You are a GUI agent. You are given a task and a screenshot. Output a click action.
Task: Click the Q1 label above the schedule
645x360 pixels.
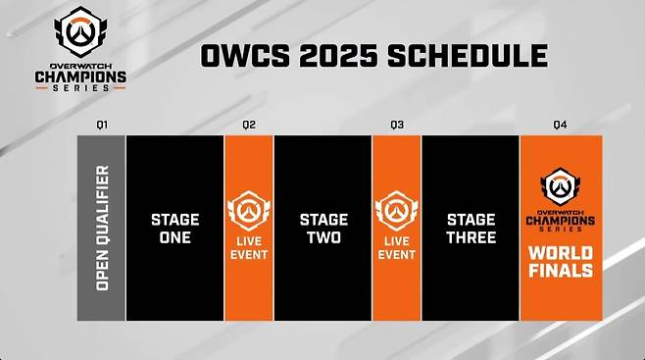pyautogui.click(x=102, y=125)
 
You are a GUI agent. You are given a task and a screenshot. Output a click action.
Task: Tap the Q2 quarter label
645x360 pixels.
pyautogui.click(x=249, y=125)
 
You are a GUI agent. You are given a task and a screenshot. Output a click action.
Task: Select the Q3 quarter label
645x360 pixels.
pyautogui.click(x=396, y=125)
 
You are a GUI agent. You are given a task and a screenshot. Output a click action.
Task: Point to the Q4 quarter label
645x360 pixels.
pyautogui.click(x=560, y=125)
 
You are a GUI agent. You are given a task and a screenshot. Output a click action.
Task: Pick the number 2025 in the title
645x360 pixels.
pyautogui.click(x=331, y=55)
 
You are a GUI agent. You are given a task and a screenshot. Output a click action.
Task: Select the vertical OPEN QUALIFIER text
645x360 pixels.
pyautogui.click(x=102, y=228)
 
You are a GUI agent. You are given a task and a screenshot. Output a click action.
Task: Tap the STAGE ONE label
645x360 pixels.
pyautogui.click(x=175, y=228)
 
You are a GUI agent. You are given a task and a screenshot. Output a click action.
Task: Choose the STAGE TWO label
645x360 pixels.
pyautogui.click(x=322, y=228)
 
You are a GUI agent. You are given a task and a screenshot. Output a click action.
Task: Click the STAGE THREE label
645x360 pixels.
pyautogui.click(x=470, y=228)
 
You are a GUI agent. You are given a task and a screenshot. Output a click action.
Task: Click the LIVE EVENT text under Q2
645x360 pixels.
pyautogui.click(x=249, y=247)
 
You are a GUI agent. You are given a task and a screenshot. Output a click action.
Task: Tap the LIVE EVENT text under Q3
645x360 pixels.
pyautogui.click(x=396, y=247)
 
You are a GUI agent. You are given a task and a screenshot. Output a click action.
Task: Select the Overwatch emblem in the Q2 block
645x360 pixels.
pyautogui.click(x=249, y=210)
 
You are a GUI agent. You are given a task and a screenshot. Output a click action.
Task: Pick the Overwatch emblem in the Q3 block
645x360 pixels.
pyautogui.click(x=396, y=210)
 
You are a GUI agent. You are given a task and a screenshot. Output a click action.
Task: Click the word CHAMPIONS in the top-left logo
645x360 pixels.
pyautogui.click(x=80, y=73)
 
